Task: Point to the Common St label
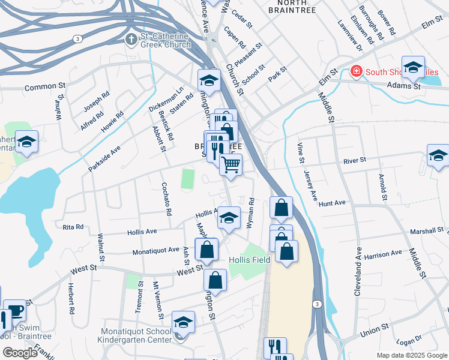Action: coord(44,87)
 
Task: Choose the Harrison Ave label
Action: coord(382,254)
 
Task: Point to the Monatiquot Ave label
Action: coord(156,250)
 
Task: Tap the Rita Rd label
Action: coord(73,227)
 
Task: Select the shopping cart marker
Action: coord(231,164)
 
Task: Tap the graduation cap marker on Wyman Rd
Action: coord(228,217)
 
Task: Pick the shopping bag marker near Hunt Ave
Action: coord(281,208)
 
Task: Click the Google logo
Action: coord(20,353)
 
